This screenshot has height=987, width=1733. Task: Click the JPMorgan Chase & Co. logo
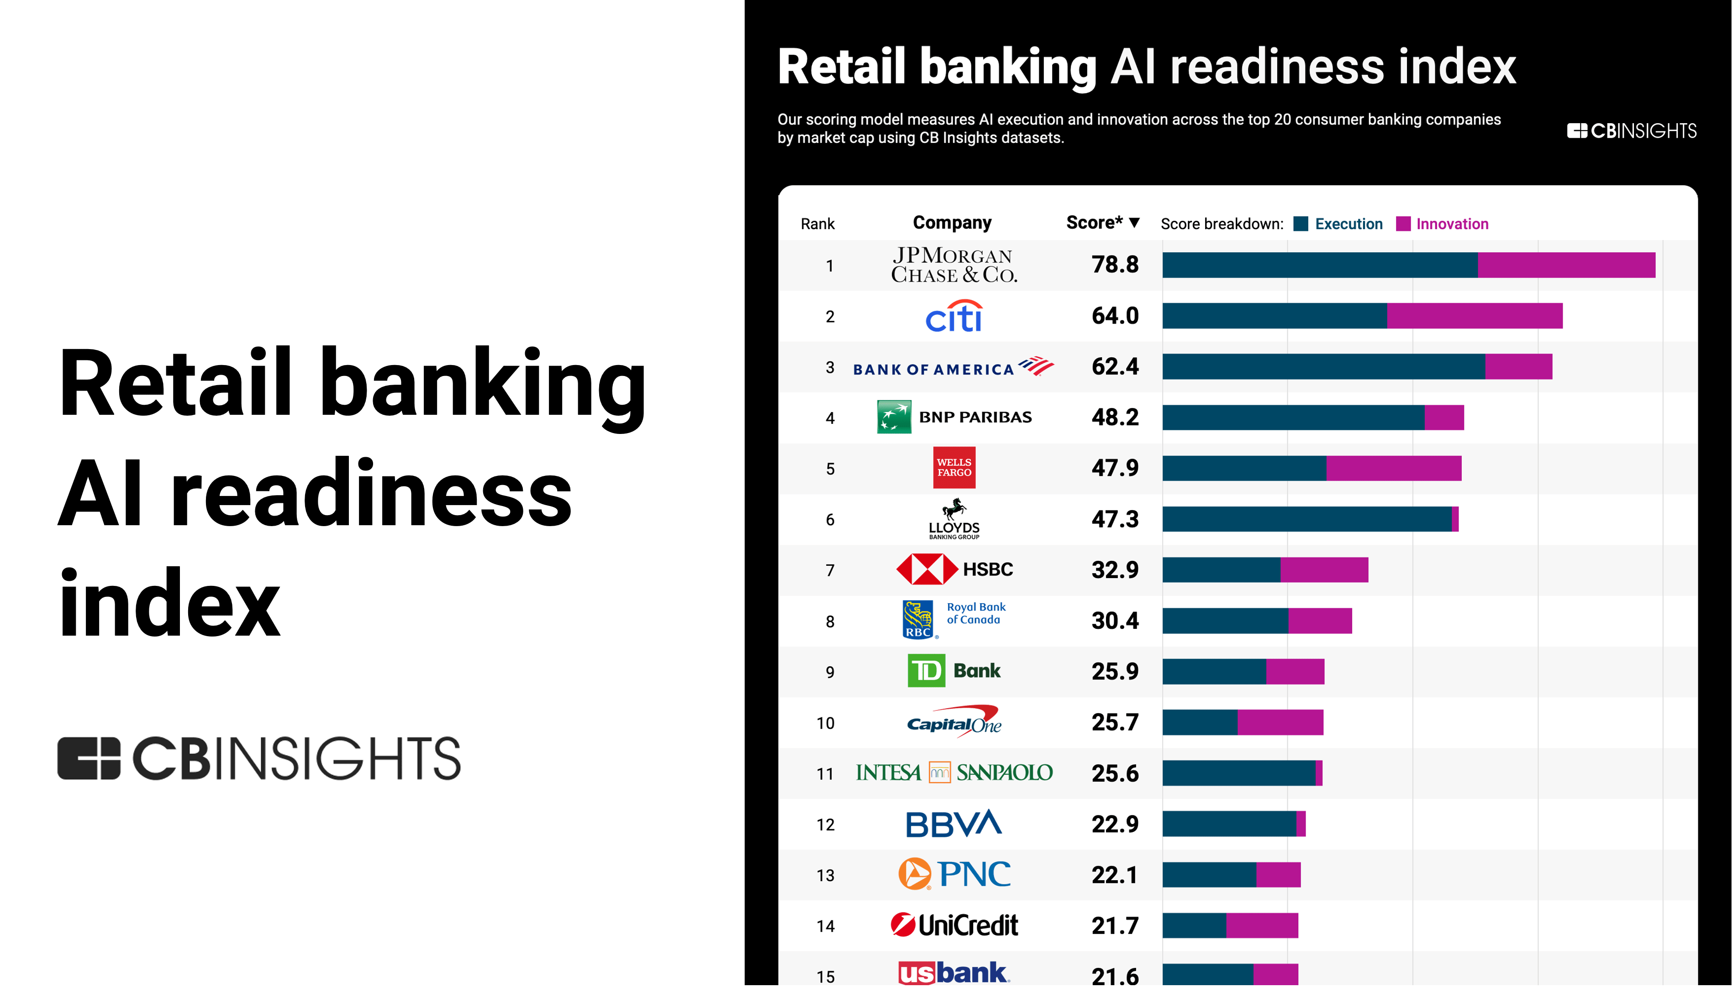click(953, 265)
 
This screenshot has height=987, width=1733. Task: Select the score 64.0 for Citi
click(1115, 316)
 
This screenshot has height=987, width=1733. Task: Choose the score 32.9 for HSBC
click(1115, 570)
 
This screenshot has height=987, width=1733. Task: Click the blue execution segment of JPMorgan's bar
click(1319, 265)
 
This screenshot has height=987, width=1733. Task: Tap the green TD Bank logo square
click(926, 671)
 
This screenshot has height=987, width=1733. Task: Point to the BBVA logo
click(953, 824)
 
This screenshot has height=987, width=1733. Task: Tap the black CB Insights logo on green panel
click(259, 758)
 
